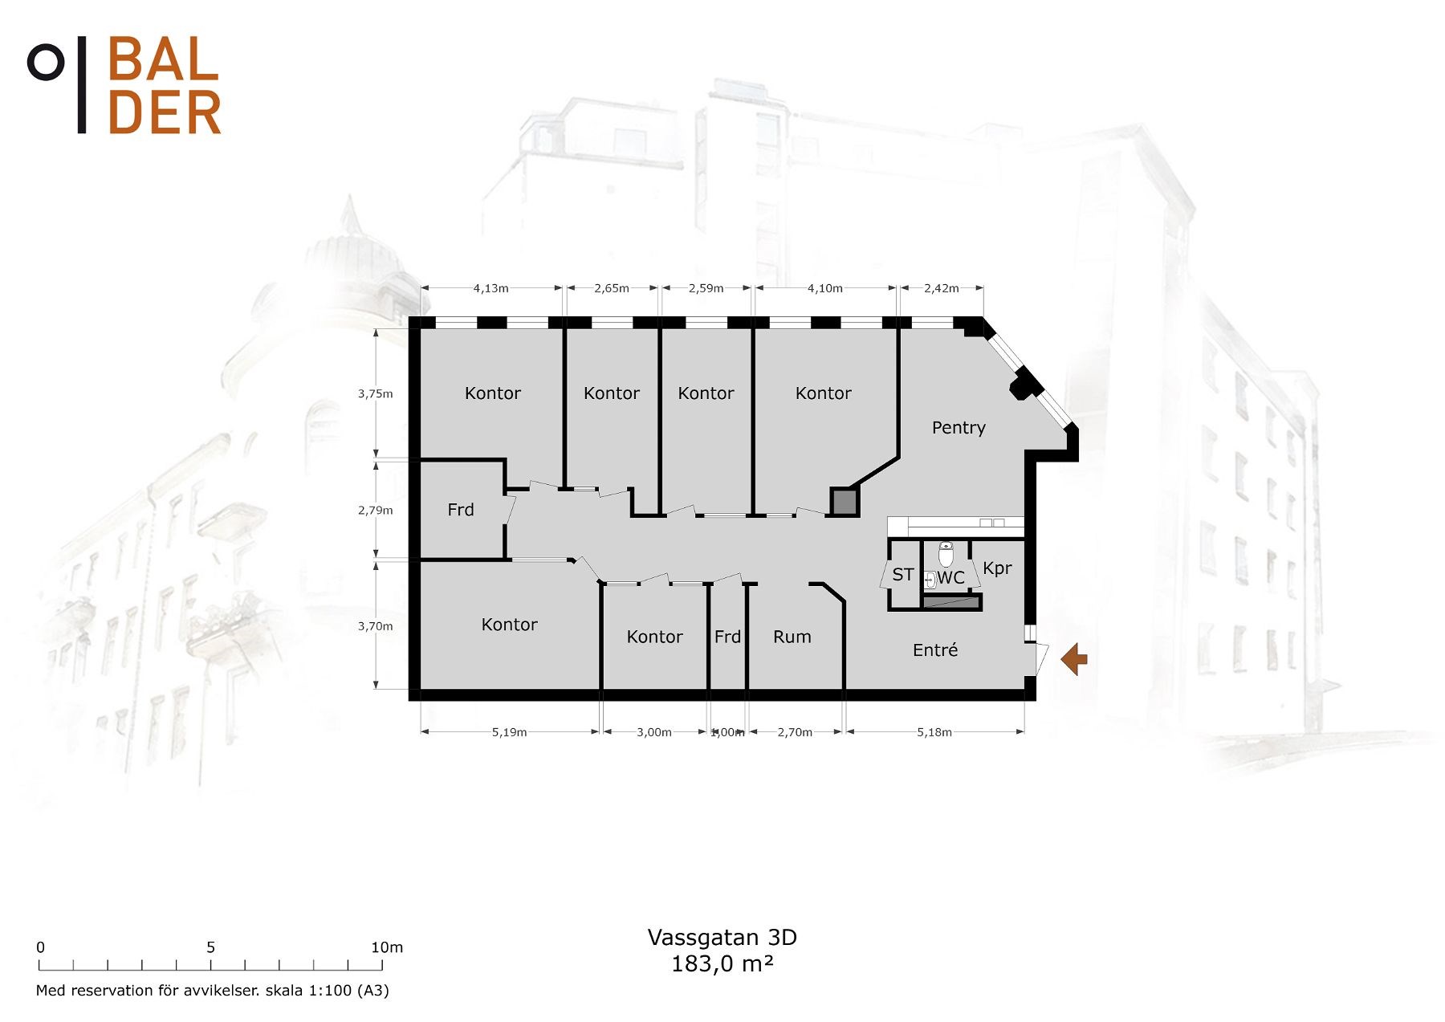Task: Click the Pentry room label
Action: pyautogui.click(x=959, y=428)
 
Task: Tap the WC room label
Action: pyautogui.click(x=950, y=578)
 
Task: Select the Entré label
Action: pyautogui.click(x=935, y=650)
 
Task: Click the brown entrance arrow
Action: pyautogui.click(x=1074, y=660)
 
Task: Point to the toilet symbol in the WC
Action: pyautogui.click(x=946, y=554)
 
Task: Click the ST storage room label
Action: pyautogui.click(x=903, y=575)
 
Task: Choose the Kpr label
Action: pyautogui.click(x=997, y=568)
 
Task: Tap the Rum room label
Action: pyautogui.click(x=792, y=637)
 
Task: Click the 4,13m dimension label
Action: pyautogui.click(x=490, y=288)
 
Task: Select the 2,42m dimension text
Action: pyautogui.click(x=941, y=288)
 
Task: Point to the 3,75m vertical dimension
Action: pyautogui.click(x=376, y=394)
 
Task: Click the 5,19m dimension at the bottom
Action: pyautogui.click(x=509, y=732)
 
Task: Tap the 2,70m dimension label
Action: pyautogui.click(x=795, y=732)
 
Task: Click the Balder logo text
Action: pyautogui.click(x=164, y=85)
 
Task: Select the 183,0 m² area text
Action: pyautogui.click(x=722, y=963)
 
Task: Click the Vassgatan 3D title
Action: pyautogui.click(x=722, y=937)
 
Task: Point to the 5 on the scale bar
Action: pyautogui.click(x=210, y=947)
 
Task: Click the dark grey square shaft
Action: pyautogui.click(x=844, y=503)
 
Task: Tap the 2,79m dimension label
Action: pyautogui.click(x=376, y=511)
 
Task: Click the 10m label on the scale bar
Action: pyautogui.click(x=387, y=947)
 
